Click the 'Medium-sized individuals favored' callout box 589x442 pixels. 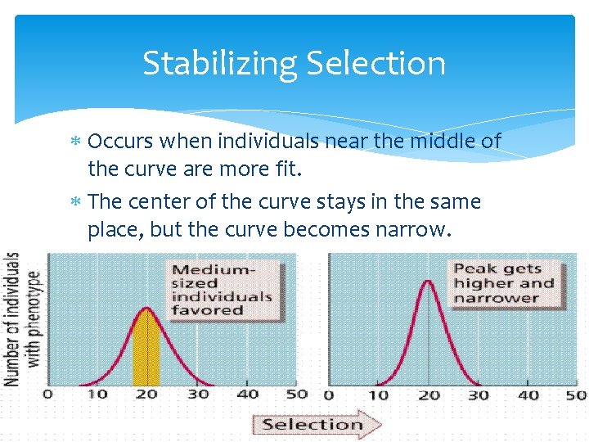coord(220,289)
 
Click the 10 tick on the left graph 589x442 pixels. coord(97,395)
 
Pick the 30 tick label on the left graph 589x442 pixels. coord(198,395)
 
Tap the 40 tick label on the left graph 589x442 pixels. coord(248,395)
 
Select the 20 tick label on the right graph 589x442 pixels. coord(428,395)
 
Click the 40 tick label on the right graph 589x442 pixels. coord(528,395)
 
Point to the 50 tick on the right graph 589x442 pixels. coord(576,395)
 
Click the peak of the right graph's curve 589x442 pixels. coord(428,282)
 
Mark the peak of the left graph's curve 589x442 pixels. coord(146,309)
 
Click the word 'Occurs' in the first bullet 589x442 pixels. coord(121,142)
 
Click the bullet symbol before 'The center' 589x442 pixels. coord(76,202)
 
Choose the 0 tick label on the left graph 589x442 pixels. coord(47,395)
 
